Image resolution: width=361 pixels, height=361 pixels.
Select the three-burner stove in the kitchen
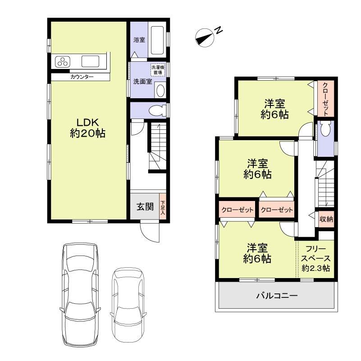point(63,61)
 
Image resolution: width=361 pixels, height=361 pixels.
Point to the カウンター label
point(82,77)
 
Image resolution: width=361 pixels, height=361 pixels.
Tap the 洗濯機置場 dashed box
point(157,69)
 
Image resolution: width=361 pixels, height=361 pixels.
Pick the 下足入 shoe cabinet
point(163,208)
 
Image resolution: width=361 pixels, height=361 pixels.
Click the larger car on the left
point(80,293)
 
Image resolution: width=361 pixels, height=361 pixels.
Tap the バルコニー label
point(277,296)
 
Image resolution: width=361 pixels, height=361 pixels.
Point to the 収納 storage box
point(326,219)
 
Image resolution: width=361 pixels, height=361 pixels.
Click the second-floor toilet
point(325,131)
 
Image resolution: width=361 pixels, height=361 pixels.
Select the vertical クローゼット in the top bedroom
point(325,99)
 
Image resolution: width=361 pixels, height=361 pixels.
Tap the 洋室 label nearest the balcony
point(257,253)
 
